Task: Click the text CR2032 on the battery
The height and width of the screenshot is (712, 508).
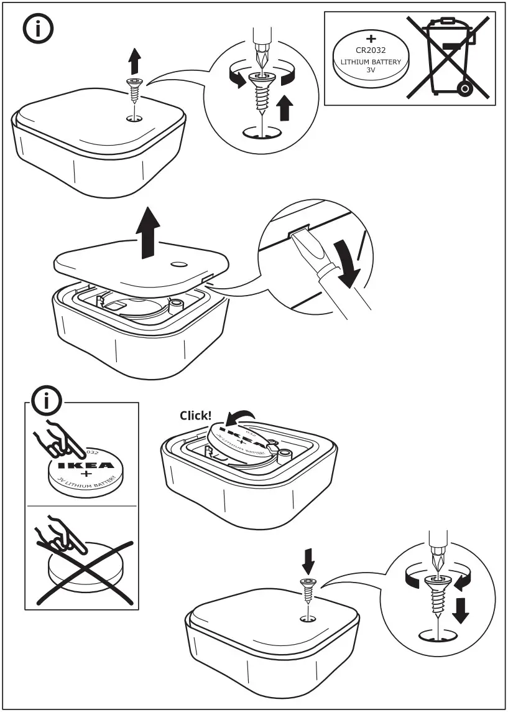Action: click(x=372, y=51)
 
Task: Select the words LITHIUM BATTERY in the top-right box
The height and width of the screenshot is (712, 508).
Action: click(x=371, y=62)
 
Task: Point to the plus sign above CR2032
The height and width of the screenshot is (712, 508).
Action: click(x=372, y=39)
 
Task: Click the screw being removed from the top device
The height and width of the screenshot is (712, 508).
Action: click(x=134, y=90)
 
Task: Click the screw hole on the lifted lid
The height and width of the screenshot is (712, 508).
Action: click(x=178, y=264)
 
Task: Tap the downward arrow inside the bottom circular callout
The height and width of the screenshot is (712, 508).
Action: click(x=460, y=610)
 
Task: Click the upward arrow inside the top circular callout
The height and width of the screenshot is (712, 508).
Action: click(x=284, y=108)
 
